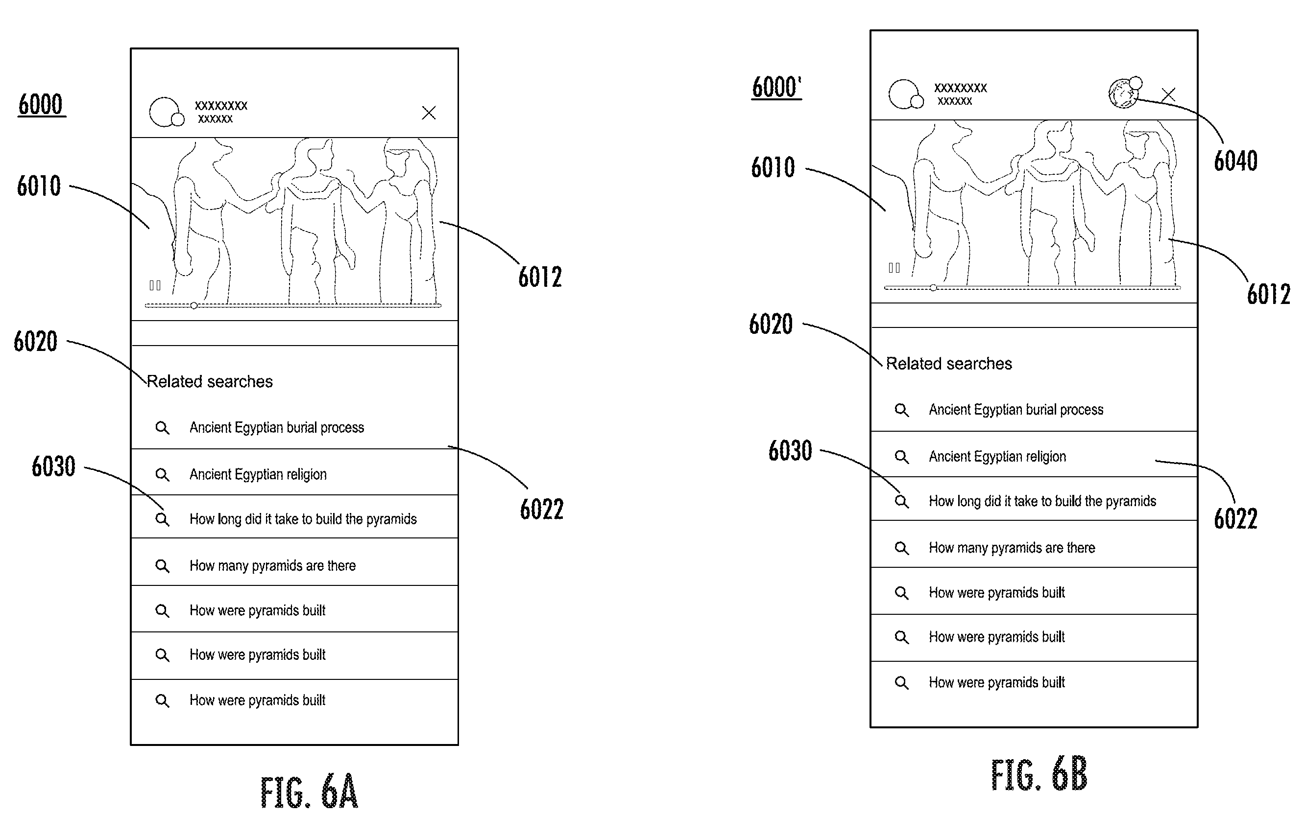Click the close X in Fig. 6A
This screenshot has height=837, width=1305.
(x=429, y=113)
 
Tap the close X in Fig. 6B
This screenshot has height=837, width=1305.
(x=1168, y=94)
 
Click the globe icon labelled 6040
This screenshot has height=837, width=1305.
(x=1124, y=93)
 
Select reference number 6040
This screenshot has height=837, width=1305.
(x=1235, y=161)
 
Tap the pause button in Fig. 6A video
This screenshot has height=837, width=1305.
(x=155, y=285)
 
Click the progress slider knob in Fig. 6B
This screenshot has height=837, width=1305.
(x=933, y=287)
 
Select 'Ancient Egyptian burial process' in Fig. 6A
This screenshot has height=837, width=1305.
(x=276, y=428)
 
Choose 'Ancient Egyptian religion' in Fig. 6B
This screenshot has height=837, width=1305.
(x=997, y=457)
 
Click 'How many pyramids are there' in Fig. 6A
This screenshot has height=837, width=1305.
(x=272, y=566)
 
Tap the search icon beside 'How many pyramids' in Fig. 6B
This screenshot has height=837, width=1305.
(x=901, y=548)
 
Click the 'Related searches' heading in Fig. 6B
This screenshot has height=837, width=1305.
(x=949, y=364)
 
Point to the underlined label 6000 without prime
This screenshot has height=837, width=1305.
(x=41, y=104)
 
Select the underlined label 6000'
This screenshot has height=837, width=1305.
(x=776, y=87)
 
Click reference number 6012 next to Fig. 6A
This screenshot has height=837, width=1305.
(x=540, y=277)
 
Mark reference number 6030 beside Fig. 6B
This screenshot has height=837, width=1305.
(x=790, y=451)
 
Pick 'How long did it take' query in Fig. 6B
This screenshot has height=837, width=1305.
(x=1042, y=501)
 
